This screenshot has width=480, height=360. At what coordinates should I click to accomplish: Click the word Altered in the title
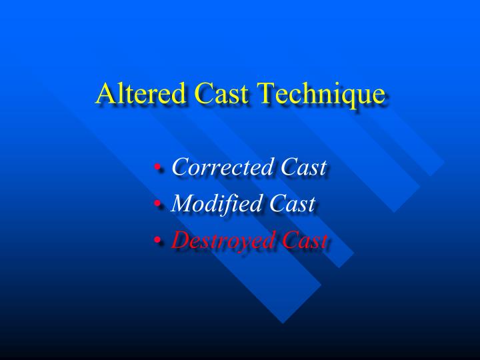tap(135, 93)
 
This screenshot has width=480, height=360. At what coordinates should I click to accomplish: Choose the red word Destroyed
tap(221, 241)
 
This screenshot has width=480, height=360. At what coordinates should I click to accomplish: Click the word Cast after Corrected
tap(303, 167)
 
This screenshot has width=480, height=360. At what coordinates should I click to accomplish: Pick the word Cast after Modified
tap(291, 204)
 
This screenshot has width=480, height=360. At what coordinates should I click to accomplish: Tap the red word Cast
tap(304, 241)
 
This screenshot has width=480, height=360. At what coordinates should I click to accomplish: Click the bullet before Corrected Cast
tap(157, 169)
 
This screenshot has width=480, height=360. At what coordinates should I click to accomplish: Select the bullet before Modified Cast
tap(157, 205)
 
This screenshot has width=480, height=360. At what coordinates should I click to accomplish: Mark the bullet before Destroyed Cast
tap(157, 241)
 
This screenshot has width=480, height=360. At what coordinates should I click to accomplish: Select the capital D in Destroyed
tap(181, 240)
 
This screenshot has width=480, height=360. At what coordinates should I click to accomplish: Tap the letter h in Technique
tap(307, 93)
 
